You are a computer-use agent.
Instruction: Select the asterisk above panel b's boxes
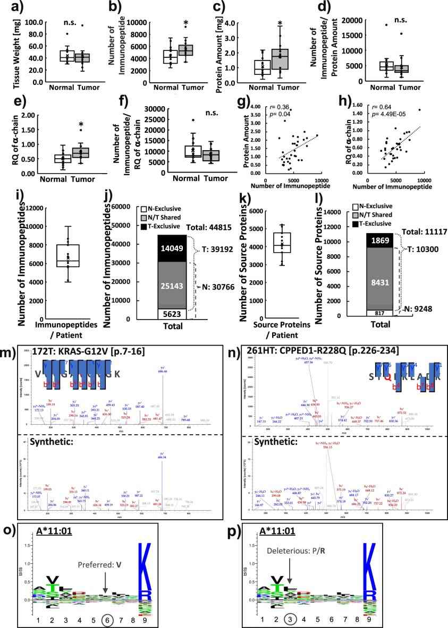(186, 24)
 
